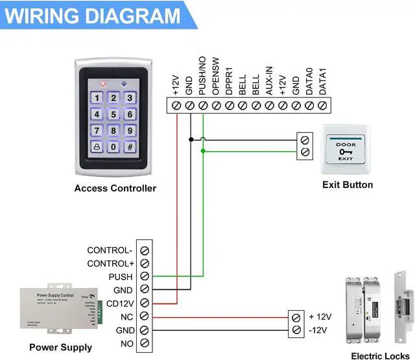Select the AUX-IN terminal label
click(268, 80)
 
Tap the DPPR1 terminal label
click(229, 80)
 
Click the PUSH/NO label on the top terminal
click(203, 77)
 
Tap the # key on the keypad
click(130, 147)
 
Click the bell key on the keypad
click(97, 147)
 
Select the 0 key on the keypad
click(113, 147)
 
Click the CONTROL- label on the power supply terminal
click(110, 250)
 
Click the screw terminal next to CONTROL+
click(145, 263)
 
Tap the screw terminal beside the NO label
click(145, 342)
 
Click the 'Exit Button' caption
click(348, 185)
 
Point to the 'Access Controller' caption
click(115, 189)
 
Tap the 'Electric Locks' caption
click(380, 355)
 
